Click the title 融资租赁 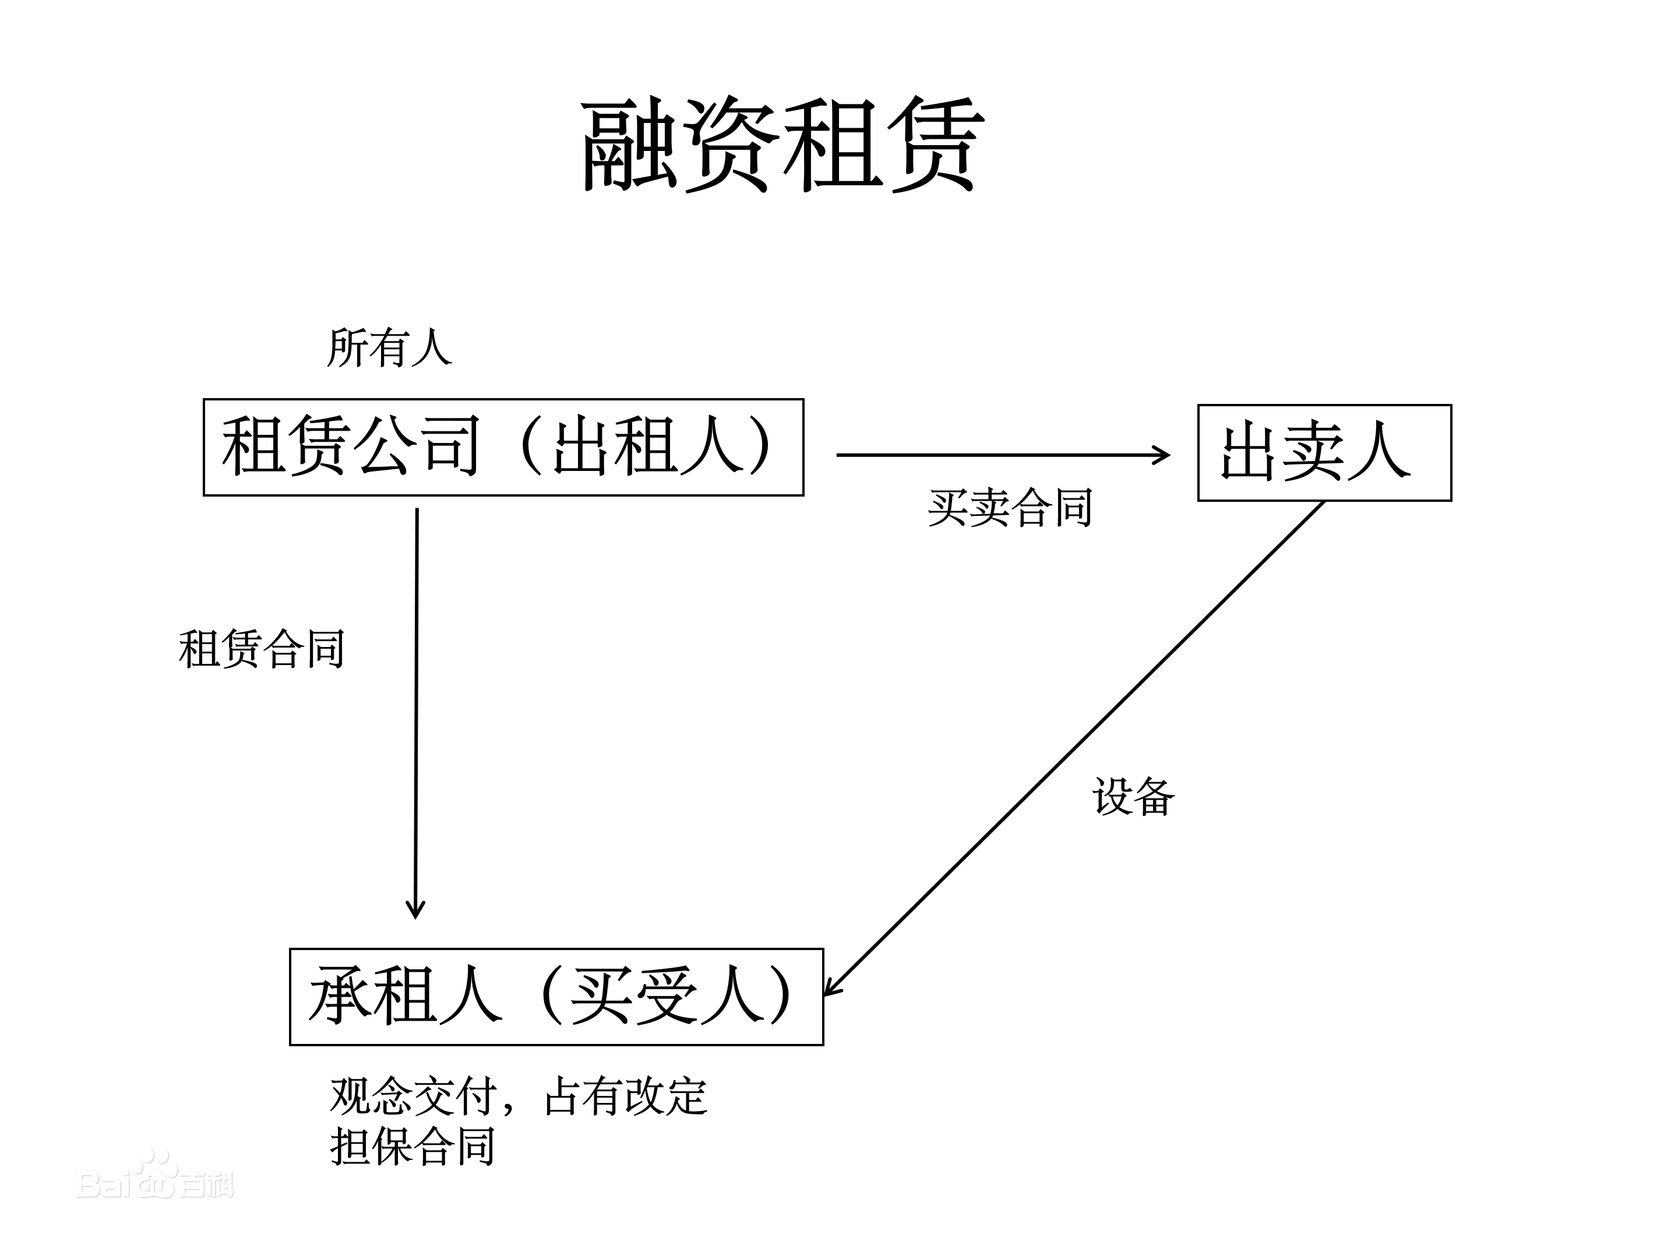pos(781,144)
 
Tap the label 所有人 pos(389,349)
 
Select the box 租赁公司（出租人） pos(503,447)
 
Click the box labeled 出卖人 pos(1324,453)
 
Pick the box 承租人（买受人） pos(556,997)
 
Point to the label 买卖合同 pos(1010,508)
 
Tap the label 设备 pos(1133,797)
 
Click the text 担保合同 pos(413,1146)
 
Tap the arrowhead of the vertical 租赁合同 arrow pos(415,910)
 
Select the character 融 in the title pos(630,144)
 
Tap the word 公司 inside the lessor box pos(415,446)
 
